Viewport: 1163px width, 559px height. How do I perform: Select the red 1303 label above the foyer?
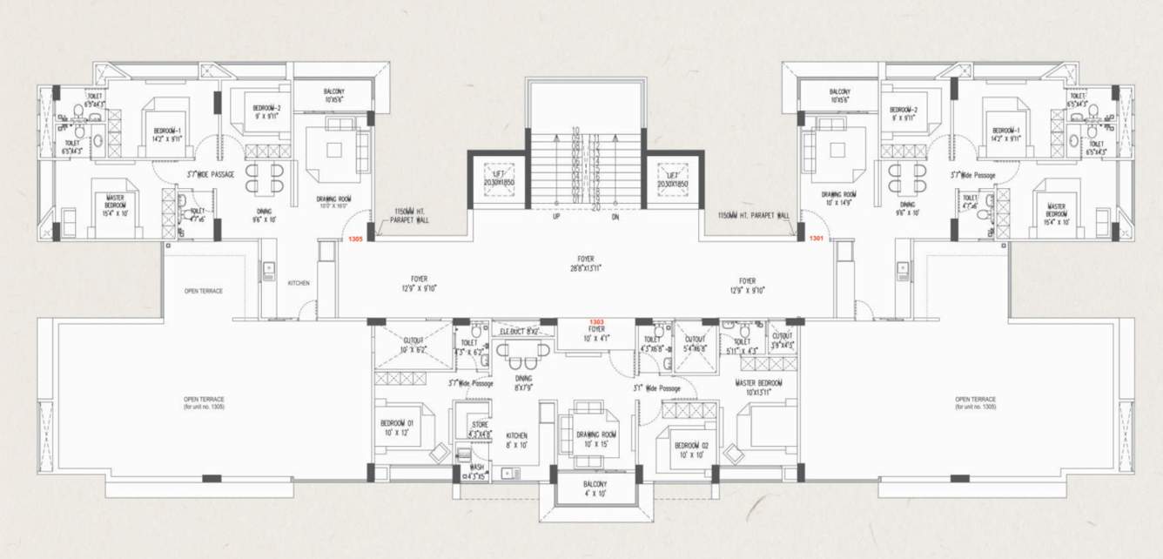(x=597, y=322)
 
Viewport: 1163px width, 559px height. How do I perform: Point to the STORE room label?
(x=480, y=428)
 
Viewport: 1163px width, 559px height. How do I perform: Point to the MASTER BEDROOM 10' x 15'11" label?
(x=758, y=387)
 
